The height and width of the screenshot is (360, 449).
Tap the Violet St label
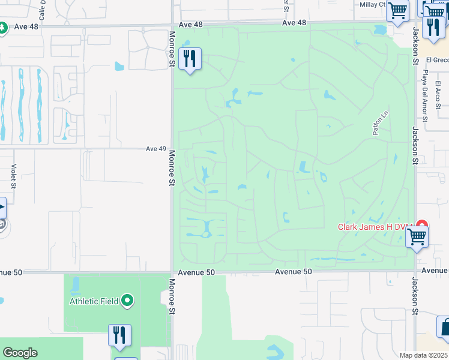[13, 176]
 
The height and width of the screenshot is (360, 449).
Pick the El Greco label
[436, 60]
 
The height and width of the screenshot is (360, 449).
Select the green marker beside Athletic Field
[127, 301]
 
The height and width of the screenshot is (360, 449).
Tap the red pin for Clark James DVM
[422, 226]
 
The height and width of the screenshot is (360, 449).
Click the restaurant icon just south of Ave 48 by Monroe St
[190, 59]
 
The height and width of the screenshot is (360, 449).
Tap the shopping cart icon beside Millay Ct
[397, 10]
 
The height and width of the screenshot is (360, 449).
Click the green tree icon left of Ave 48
[2, 28]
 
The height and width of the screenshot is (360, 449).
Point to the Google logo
[20, 353]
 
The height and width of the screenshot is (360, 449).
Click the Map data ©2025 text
[423, 355]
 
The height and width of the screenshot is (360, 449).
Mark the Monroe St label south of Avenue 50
[172, 297]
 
